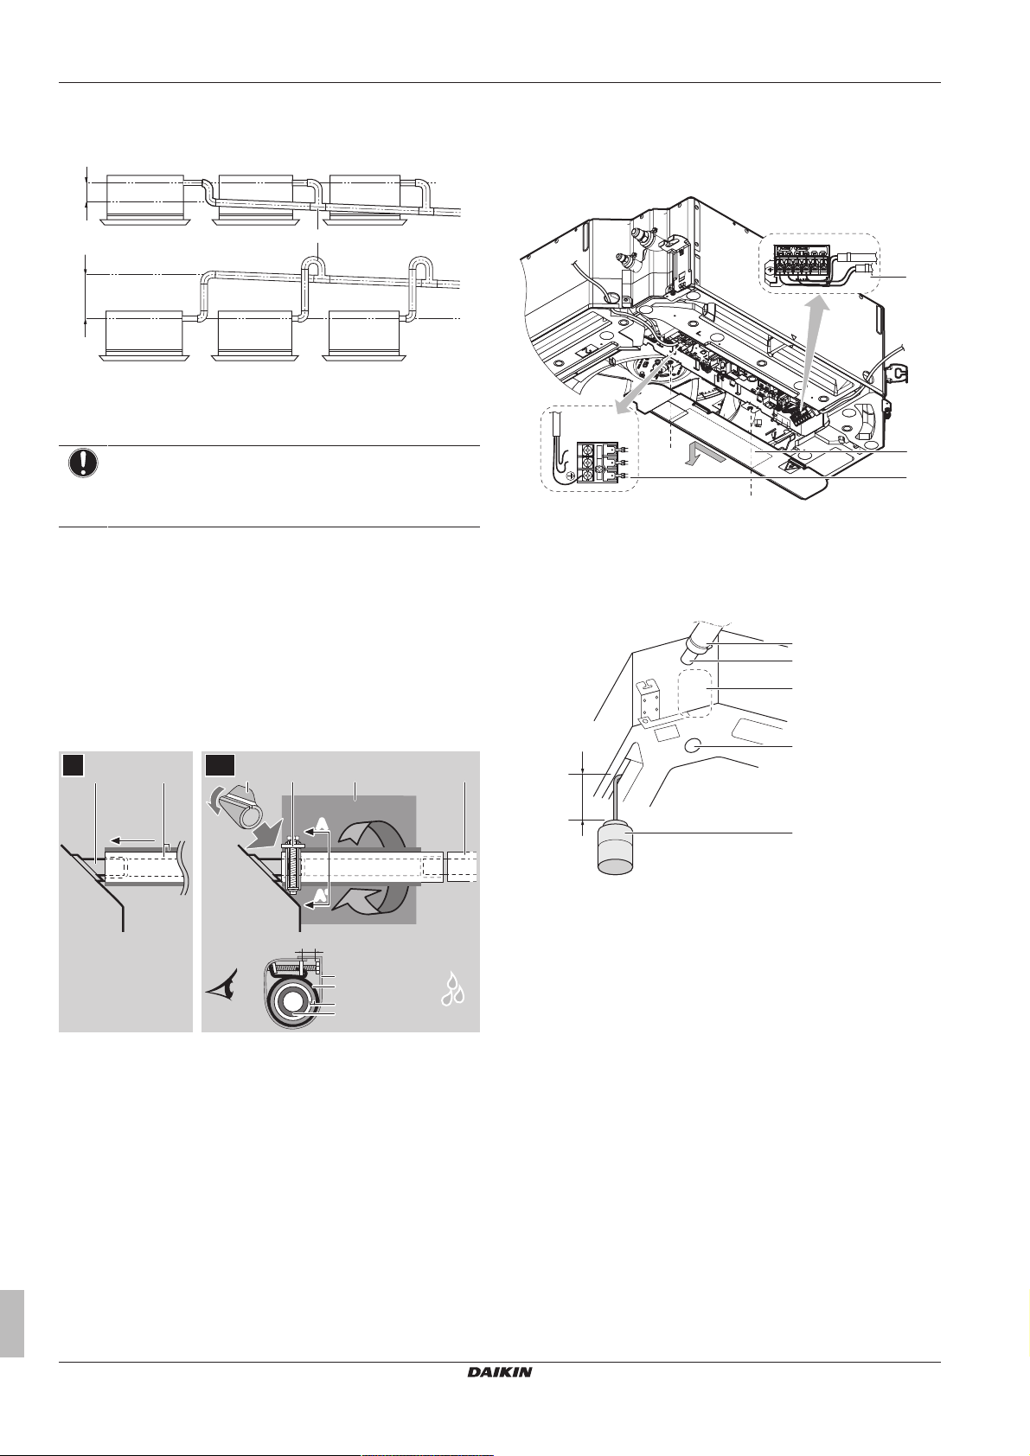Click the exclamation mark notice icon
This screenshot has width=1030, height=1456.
pos(82,463)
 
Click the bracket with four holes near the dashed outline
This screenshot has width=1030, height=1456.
pos(649,698)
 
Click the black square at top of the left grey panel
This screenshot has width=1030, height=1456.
pos(74,766)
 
